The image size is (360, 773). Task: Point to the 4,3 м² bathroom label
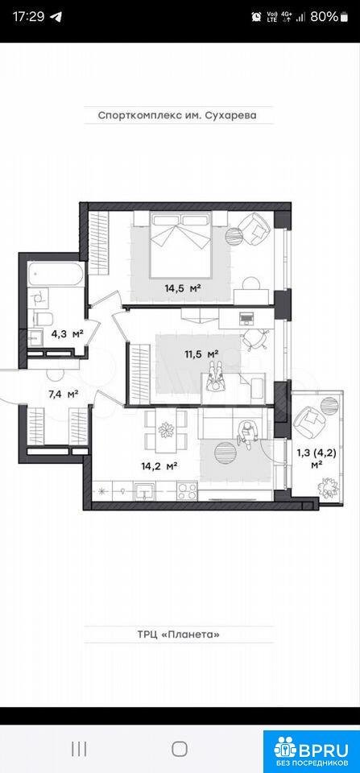click(67, 334)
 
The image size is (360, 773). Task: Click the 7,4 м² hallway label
click(64, 394)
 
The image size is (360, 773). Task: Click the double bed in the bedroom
click(180, 245)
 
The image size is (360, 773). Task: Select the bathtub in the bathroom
click(55, 273)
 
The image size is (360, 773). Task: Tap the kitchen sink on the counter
click(143, 491)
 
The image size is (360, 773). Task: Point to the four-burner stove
click(187, 491)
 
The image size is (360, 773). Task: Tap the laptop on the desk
click(246, 318)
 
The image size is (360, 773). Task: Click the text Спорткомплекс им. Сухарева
click(179, 116)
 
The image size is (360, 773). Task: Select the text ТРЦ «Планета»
click(179, 634)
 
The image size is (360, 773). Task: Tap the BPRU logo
click(312, 750)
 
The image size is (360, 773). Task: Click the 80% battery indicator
click(329, 16)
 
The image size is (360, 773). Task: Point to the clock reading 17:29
click(28, 16)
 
